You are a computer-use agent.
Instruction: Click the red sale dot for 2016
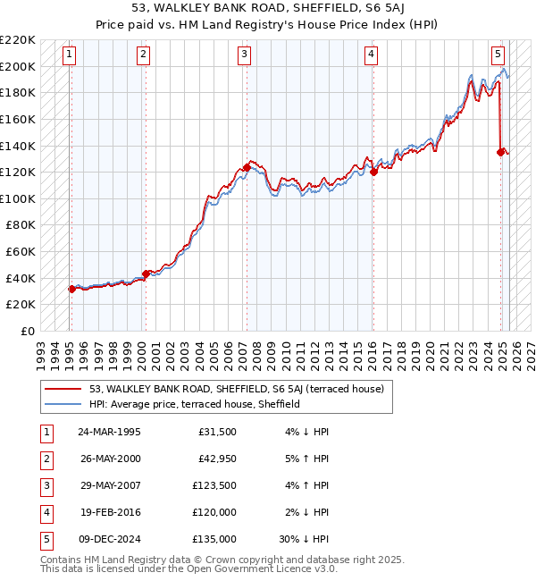pyautogui.click(x=373, y=172)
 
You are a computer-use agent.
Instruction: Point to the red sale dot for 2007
pyautogui.click(x=246, y=167)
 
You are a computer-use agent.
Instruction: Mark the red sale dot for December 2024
pyautogui.click(x=500, y=152)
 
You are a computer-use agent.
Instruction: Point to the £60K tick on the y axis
pyautogui.click(x=21, y=252)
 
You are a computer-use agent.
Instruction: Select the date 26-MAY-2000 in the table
pyautogui.click(x=109, y=459)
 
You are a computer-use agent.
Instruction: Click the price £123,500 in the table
pyautogui.click(x=214, y=485)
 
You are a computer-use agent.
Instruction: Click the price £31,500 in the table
pyautogui.click(x=217, y=432)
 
